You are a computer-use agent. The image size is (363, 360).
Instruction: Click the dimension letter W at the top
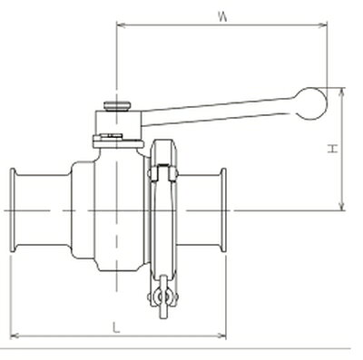coord(222,16)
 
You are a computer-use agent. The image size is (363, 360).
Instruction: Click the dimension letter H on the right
coord(333,149)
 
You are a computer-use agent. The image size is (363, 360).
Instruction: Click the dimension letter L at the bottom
coord(116,327)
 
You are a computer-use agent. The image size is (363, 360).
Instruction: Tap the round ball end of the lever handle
coord(312,103)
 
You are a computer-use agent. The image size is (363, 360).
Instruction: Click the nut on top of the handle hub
coord(117,106)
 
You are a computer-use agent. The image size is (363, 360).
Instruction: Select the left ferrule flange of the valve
coord(13,210)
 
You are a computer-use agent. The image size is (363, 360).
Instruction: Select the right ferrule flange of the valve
coord(223,210)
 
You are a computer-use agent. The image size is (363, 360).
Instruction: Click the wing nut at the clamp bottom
coord(162,297)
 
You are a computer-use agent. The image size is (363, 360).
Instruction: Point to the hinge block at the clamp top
coord(163,173)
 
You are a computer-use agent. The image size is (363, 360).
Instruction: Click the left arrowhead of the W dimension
coord(121,25)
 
